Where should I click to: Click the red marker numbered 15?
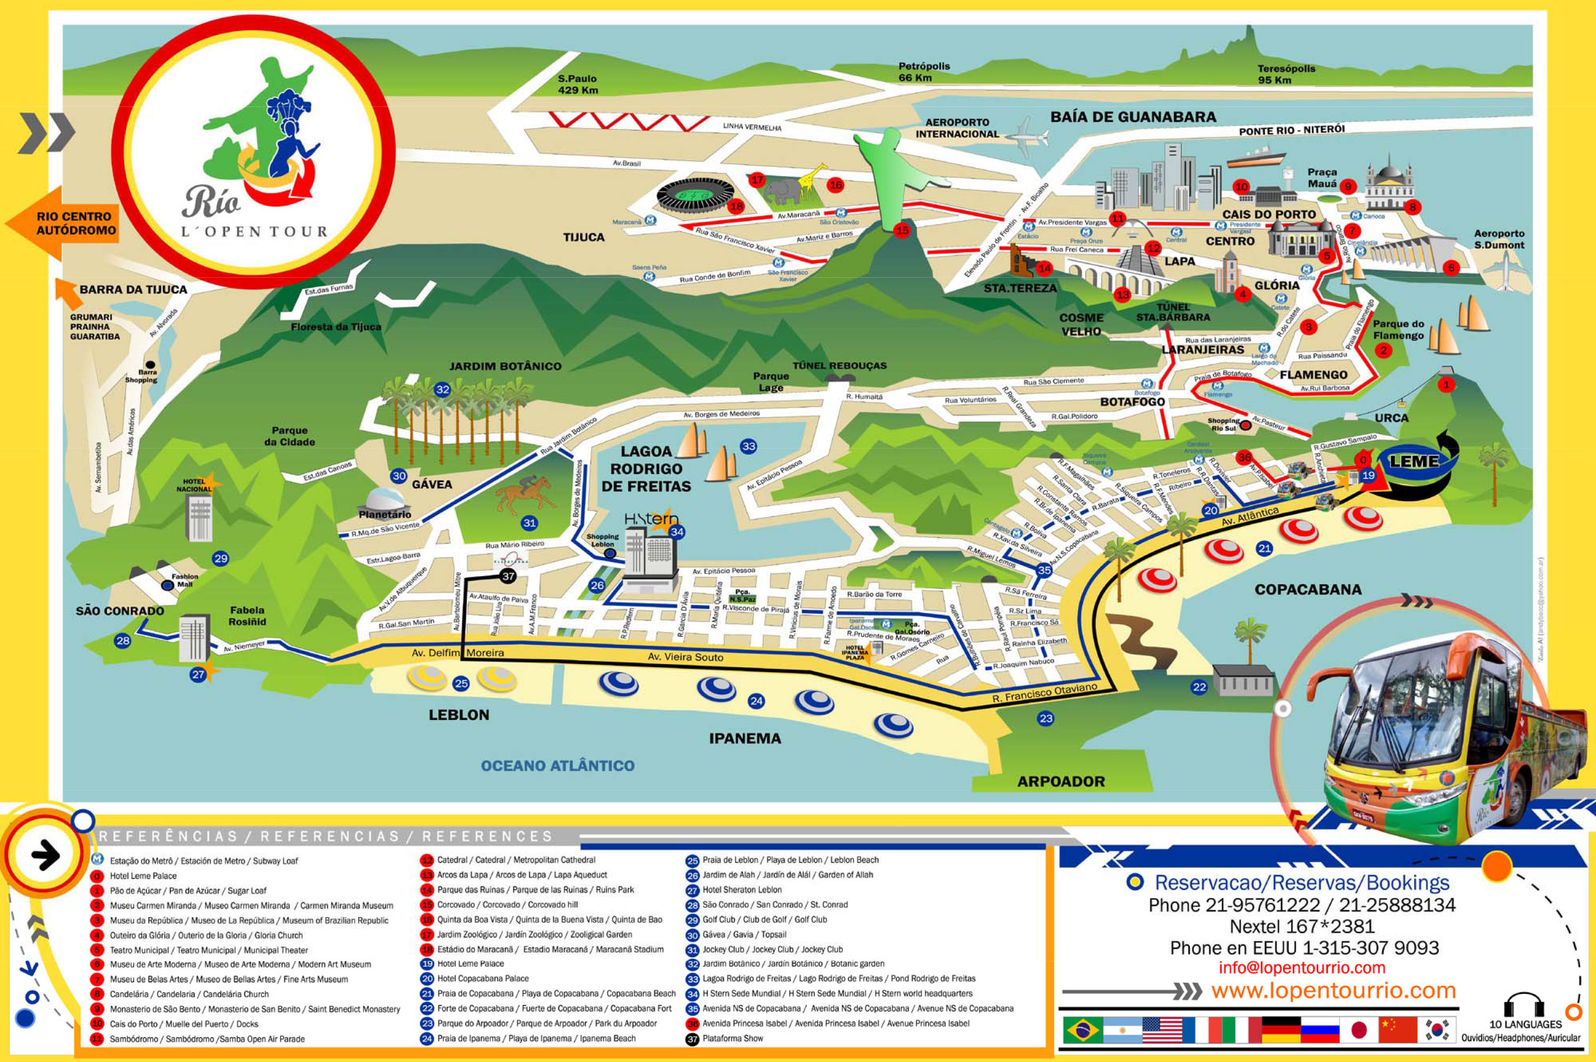[902, 230]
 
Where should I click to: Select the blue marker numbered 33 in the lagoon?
[749, 446]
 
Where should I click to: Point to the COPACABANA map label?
[1308, 589]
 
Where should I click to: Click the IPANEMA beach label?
[745, 739]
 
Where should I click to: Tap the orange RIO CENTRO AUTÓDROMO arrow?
[64, 223]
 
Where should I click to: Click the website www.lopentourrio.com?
[1333, 990]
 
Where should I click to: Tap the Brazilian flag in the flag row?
[1082, 1030]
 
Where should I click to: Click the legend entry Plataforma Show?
[732, 1038]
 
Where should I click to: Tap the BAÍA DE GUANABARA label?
[1132, 117]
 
